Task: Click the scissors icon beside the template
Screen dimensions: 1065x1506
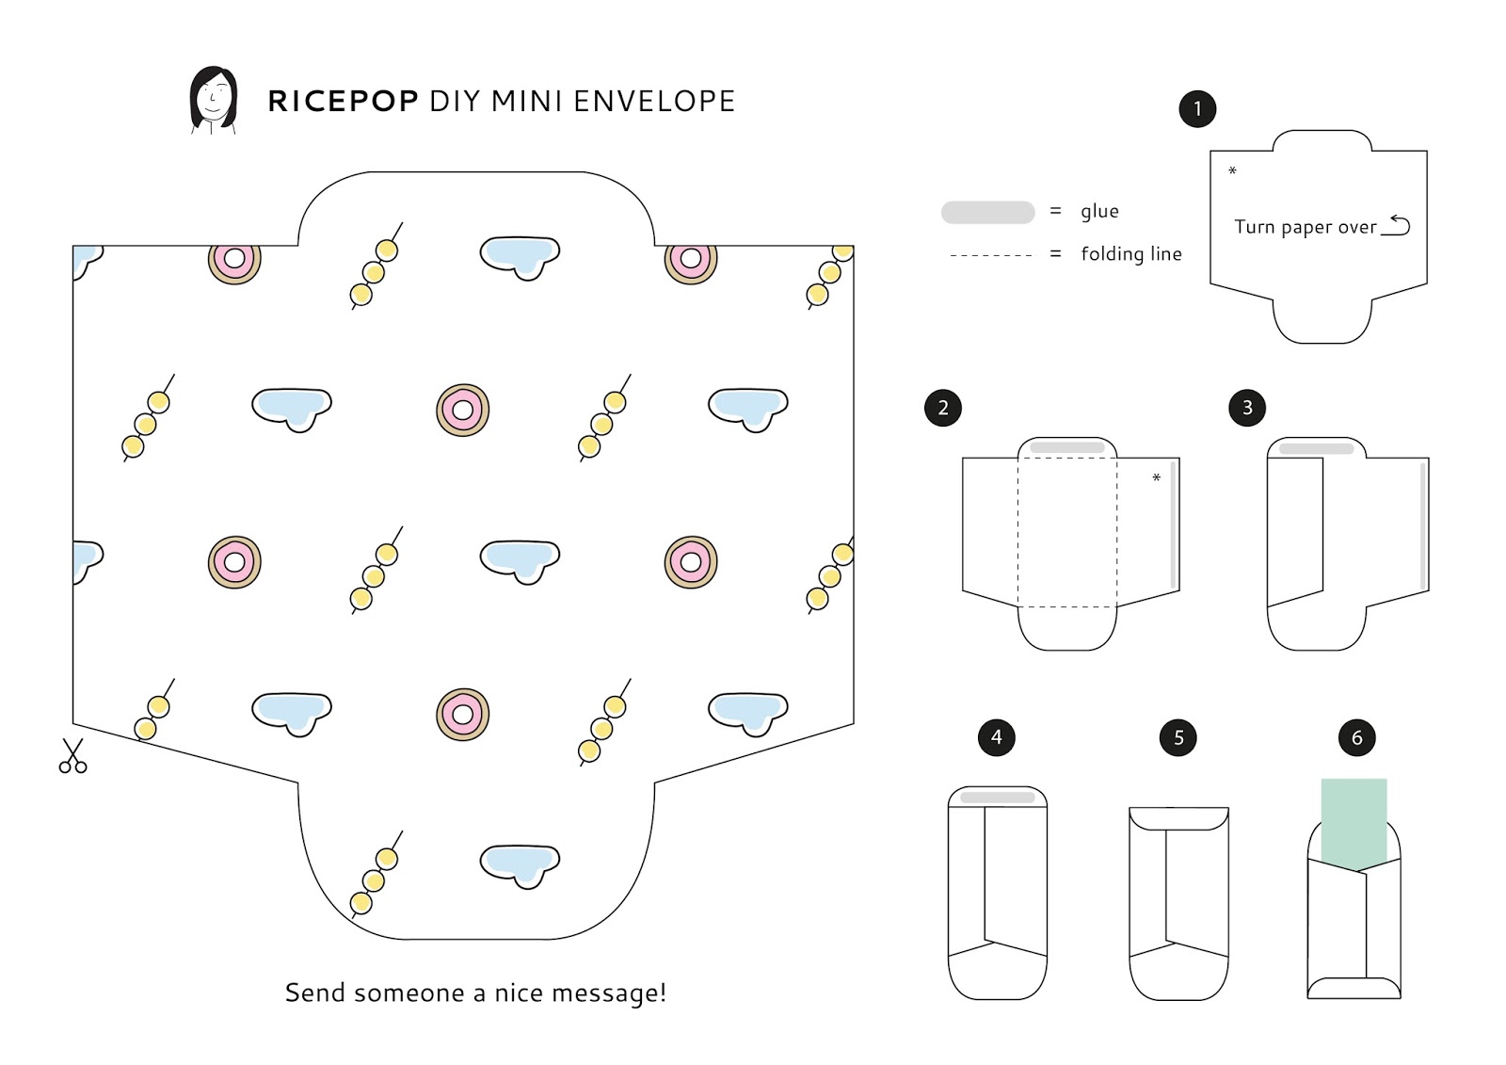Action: tap(72, 756)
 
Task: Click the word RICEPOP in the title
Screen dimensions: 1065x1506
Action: tap(343, 102)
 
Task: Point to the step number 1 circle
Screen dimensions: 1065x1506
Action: tap(1197, 109)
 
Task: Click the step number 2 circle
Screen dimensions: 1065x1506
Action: tap(943, 408)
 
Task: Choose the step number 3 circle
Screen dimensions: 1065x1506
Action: tap(1247, 408)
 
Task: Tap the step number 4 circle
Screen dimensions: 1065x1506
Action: tap(997, 737)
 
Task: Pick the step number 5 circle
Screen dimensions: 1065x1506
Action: tap(1178, 738)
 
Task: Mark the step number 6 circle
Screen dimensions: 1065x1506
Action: tap(1356, 738)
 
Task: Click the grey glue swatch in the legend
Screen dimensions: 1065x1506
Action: tap(987, 212)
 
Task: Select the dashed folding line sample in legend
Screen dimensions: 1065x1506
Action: tap(991, 255)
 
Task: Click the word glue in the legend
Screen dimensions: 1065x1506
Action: tap(1099, 211)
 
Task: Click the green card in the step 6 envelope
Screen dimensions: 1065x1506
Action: tap(1354, 819)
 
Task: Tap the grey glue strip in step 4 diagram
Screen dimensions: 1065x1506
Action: tap(998, 798)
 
